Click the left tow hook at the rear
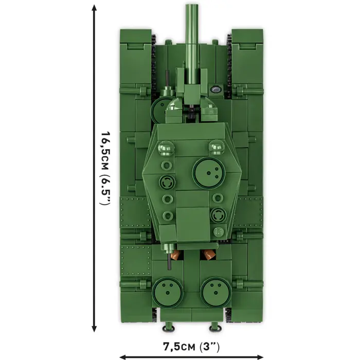(x=167, y=328)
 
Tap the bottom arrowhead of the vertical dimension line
(x=94, y=330)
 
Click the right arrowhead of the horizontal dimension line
(x=262, y=356)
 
